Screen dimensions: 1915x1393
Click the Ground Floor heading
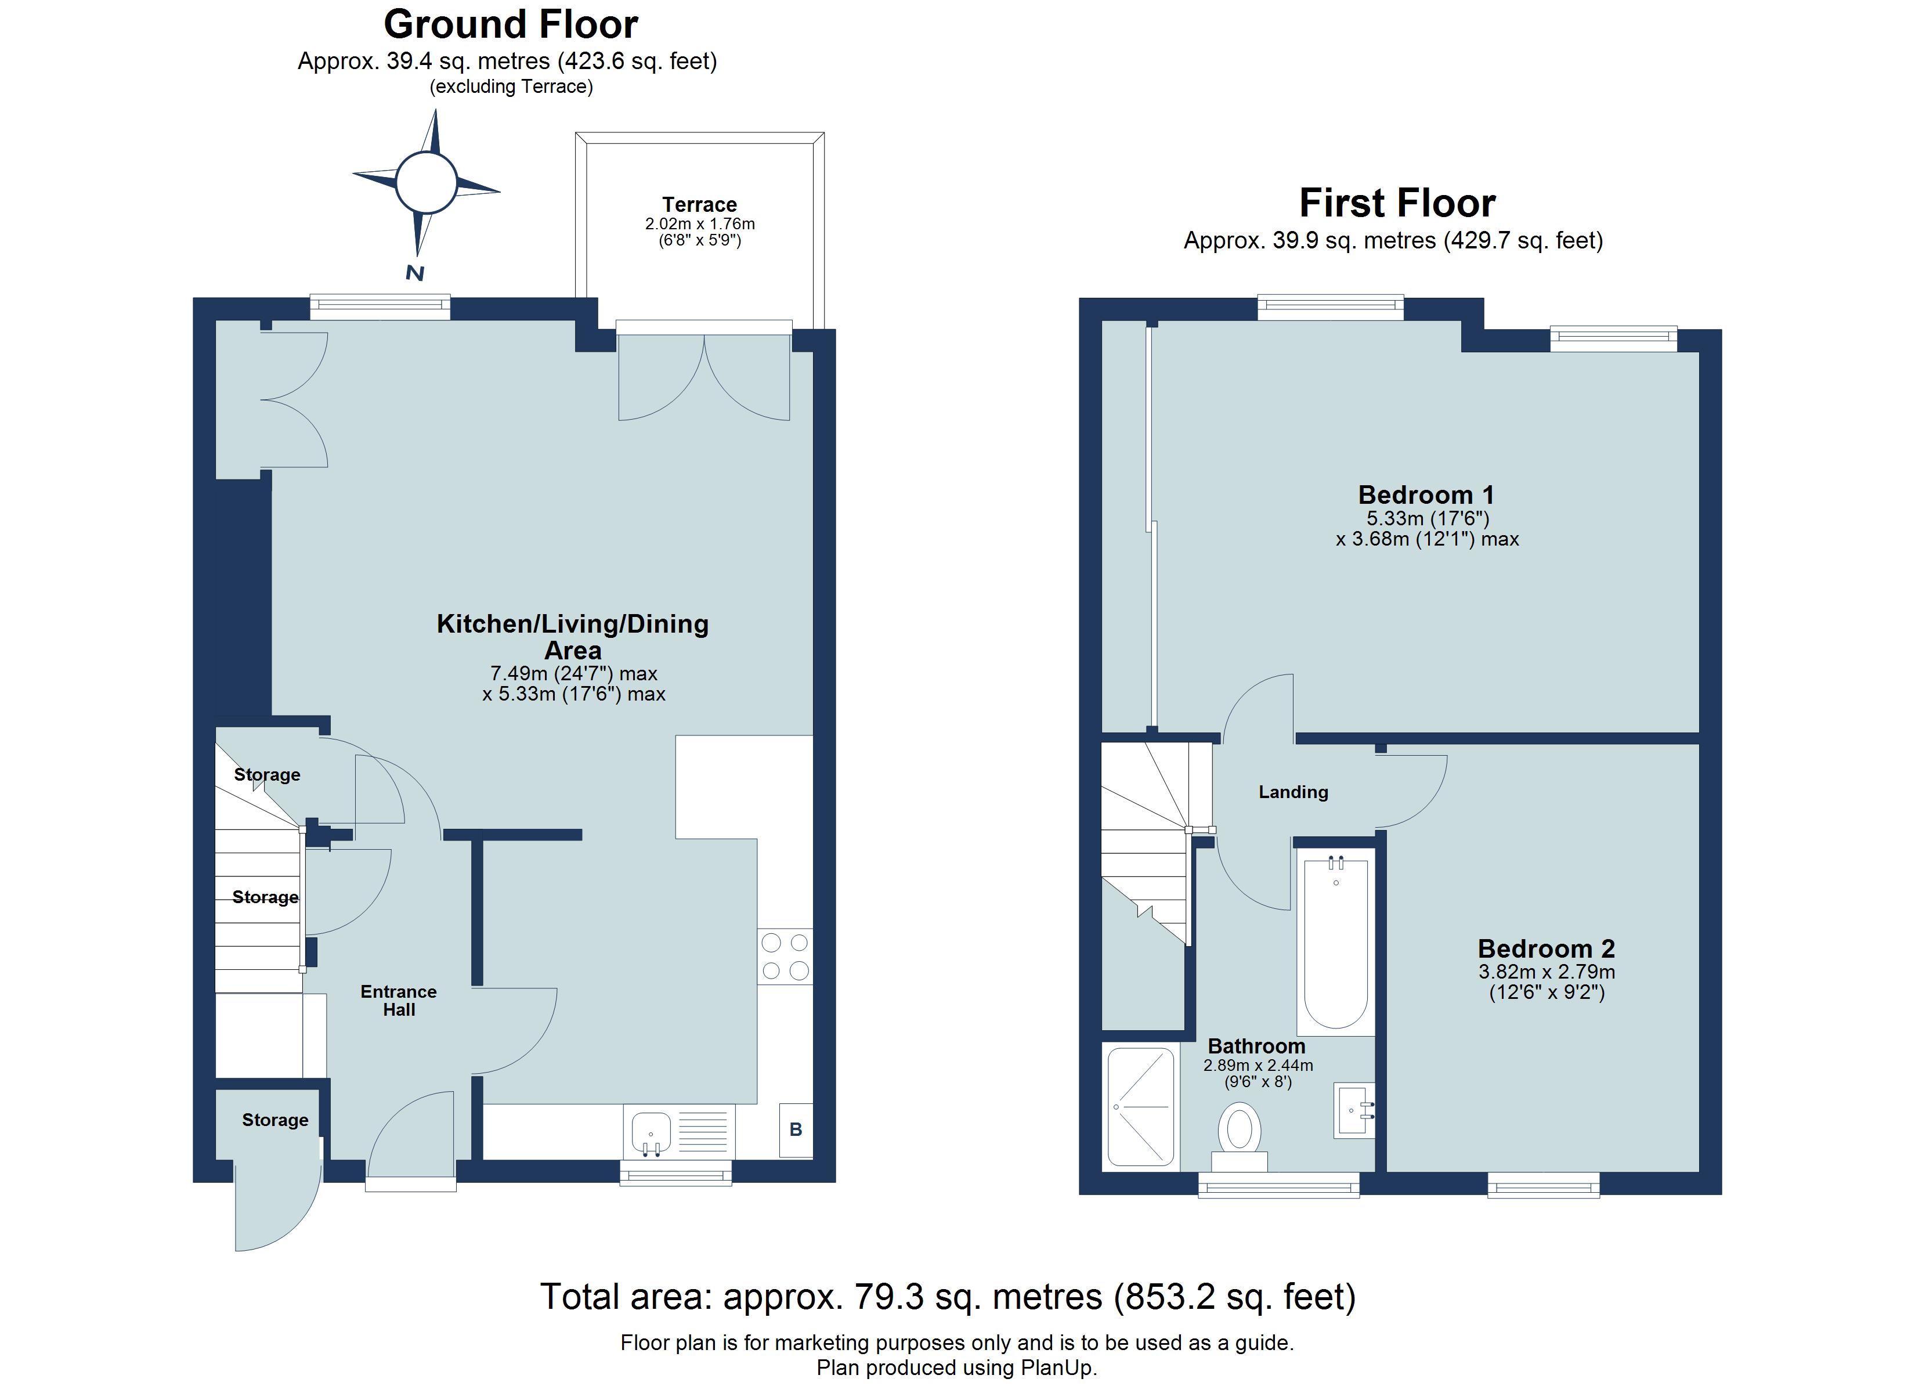click(x=511, y=24)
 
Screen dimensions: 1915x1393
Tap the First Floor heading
click(x=1397, y=203)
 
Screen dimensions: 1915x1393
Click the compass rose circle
click(x=427, y=182)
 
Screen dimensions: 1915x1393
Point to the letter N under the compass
click(x=414, y=273)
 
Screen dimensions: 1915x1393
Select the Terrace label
click(x=699, y=204)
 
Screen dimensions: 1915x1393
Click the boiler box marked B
click(x=796, y=1129)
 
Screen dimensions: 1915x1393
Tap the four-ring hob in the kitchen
click(x=785, y=957)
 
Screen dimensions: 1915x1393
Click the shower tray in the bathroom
click(x=1141, y=1107)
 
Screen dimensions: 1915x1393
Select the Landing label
click(x=1293, y=792)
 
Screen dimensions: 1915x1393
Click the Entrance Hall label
click(x=399, y=1000)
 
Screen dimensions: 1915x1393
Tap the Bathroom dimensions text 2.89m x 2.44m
click(x=1258, y=1065)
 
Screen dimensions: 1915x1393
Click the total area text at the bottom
click(x=948, y=1296)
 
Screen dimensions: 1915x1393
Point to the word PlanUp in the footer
click(x=1056, y=1367)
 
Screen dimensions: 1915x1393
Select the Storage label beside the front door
click(x=275, y=1120)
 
